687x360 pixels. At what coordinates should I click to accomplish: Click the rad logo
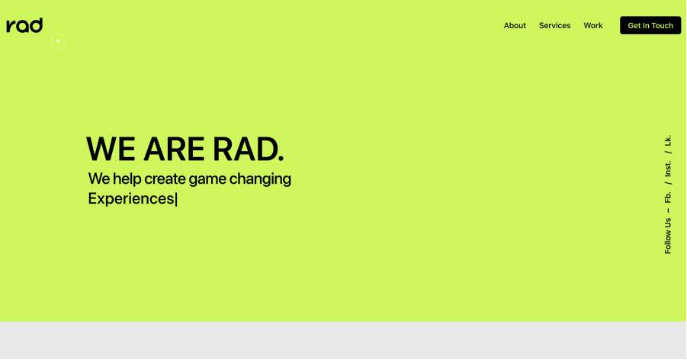tap(24, 25)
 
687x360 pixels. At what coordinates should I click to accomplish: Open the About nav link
tap(515, 26)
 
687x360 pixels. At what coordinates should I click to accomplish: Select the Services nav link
tap(554, 26)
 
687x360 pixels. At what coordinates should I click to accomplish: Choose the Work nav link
tap(593, 26)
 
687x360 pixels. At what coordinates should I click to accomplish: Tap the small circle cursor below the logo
tap(58, 41)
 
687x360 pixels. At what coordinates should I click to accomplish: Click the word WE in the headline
tap(111, 149)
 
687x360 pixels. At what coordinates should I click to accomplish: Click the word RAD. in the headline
tap(248, 149)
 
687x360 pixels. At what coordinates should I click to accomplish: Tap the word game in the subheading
tap(209, 180)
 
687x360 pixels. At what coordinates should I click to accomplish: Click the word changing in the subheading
tap(262, 180)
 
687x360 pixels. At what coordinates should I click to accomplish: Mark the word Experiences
tap(131, 199)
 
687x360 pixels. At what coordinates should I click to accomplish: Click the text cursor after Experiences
tap(176, 200)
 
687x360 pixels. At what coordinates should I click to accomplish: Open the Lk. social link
tap(668, 140)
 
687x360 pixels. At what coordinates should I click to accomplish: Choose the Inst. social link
tap(668, 169)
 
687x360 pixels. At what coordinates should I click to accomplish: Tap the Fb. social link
tap(668, 197)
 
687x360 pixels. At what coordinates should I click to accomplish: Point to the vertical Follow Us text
tap(668, 236)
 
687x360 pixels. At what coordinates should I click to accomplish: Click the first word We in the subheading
tap(99, 179)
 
